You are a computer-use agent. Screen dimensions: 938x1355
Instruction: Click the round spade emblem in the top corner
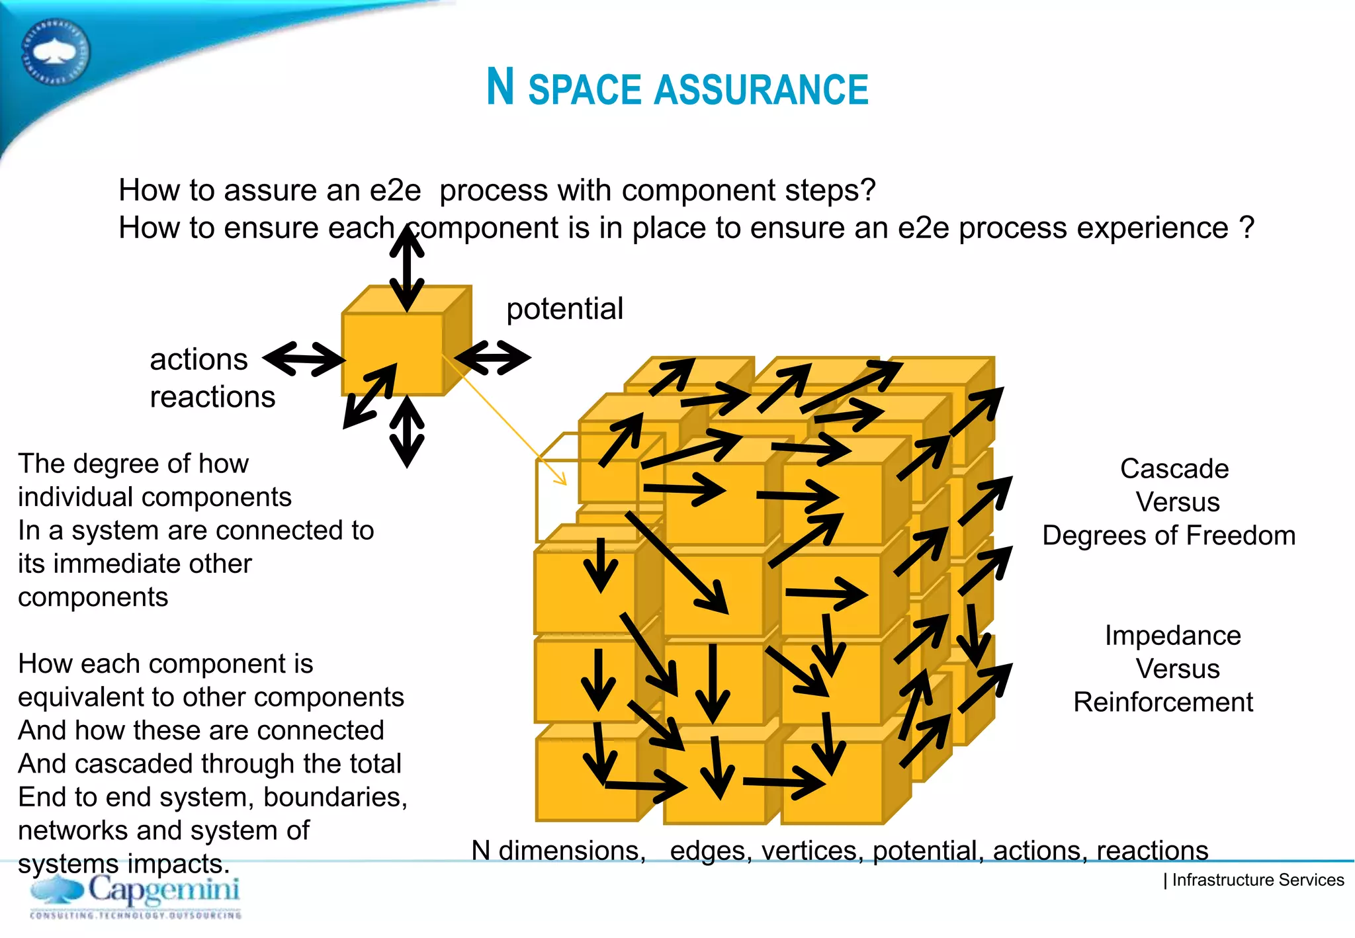56,52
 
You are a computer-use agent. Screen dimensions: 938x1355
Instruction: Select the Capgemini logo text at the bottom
163,890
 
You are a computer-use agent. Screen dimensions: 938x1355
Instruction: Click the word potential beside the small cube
564,309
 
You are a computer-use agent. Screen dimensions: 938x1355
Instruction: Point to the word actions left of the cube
198,360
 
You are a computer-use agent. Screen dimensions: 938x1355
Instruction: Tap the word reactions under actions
212,398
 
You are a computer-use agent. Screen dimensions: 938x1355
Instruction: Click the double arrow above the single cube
406,268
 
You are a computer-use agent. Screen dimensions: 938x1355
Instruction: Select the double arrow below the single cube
407,432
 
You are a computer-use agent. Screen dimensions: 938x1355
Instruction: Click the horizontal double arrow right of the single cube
492,358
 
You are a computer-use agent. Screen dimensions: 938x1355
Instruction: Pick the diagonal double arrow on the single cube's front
370,396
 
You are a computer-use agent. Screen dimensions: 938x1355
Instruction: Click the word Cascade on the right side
1174,469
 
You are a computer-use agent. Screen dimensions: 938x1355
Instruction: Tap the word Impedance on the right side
1172,636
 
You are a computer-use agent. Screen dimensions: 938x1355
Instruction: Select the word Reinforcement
1162,703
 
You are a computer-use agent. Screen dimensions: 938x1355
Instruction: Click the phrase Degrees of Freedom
1168,536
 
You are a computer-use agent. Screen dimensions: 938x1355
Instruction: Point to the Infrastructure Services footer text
1256,880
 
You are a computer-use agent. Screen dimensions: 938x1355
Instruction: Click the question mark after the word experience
1246,228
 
